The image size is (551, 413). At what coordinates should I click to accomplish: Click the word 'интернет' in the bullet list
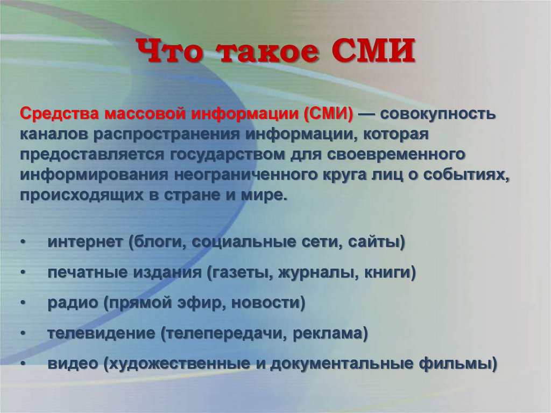click(85, 242)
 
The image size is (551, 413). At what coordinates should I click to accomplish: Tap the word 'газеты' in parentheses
click(240, 273)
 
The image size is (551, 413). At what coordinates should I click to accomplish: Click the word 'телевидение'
click(101, 333)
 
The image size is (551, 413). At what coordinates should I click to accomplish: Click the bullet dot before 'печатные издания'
click(23, 274)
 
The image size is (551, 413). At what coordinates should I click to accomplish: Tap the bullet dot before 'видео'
click(23, 364)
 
